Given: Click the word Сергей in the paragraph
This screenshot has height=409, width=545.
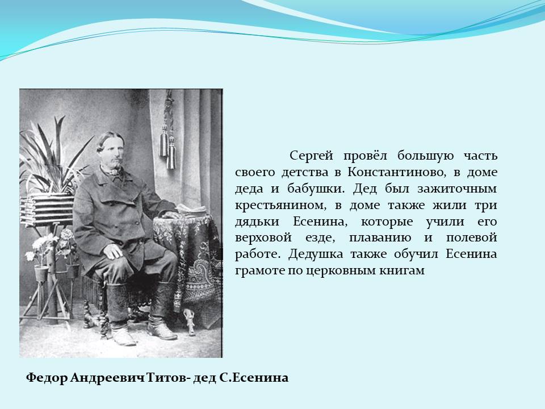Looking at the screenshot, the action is [x=311, y=156].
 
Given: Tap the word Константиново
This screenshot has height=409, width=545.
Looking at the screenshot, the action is [x=397, y=172].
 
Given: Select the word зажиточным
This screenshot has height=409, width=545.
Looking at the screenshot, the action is [x=457, y=189].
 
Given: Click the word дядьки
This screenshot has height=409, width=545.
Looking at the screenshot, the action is [x=257, y=222].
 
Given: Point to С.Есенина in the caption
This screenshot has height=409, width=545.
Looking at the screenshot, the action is [x=254, y=378].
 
